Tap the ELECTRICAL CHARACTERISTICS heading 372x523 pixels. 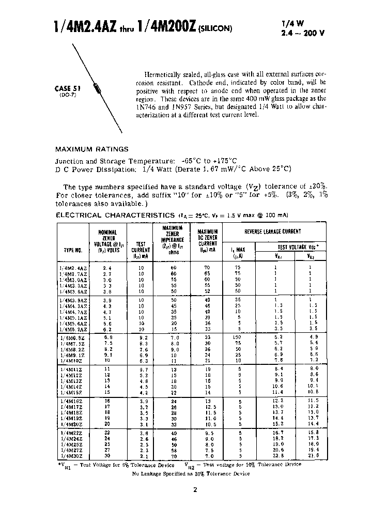pyautogui.click(x=115, y=215)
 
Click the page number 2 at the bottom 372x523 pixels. pyautogui.click(x=195, y=490)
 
